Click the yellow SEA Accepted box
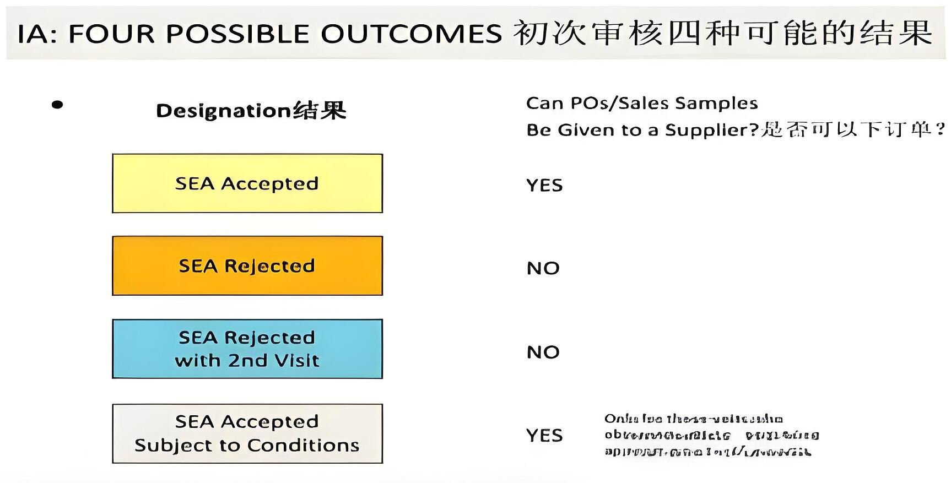tap(247, 183)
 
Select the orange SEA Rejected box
tap(247, 266)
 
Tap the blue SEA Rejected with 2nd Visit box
tap(247, 349)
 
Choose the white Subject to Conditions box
tap(247, 433)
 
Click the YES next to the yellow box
tap(544, 186)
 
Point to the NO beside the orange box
tap(543, 269)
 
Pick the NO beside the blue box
tap(543, 352)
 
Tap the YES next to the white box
tap(544, 436)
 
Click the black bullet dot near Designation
tap(57, 105)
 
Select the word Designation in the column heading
tap(223, 111)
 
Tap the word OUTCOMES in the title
tap(412, 34)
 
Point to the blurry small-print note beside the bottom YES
tap(711, 435)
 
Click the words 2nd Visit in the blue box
tap(274, 361)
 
